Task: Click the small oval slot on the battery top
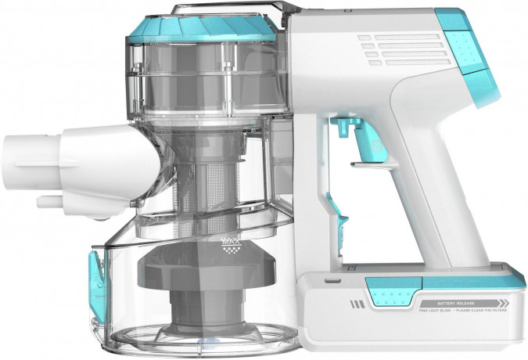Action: click(x=332, y=280)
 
